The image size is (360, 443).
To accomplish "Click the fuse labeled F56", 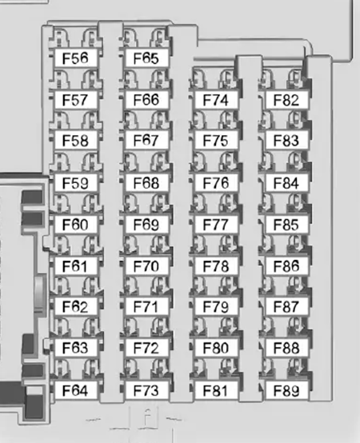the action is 75,58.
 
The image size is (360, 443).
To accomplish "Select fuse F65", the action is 146,58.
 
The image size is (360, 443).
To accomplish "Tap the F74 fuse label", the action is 216,100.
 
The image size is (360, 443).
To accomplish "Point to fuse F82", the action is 286,100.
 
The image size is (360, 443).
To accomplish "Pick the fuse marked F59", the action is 75,183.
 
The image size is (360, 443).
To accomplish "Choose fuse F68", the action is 146,183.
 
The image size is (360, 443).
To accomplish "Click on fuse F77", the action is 216,225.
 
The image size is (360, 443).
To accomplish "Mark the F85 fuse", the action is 286,225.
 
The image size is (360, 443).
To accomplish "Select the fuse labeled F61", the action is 75,266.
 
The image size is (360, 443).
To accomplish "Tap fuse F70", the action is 146,266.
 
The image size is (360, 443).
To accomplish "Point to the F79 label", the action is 216,306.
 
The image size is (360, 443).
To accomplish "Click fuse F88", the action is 286,348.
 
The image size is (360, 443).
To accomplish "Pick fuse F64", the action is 75,390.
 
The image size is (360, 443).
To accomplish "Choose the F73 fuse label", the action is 146,390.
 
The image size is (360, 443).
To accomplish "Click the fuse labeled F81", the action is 216,390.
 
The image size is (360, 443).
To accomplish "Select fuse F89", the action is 286,390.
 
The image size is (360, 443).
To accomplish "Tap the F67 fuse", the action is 146,140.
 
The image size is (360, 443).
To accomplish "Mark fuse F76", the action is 216,183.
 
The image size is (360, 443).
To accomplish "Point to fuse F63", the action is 75,348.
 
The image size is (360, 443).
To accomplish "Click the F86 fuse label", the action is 286,266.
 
